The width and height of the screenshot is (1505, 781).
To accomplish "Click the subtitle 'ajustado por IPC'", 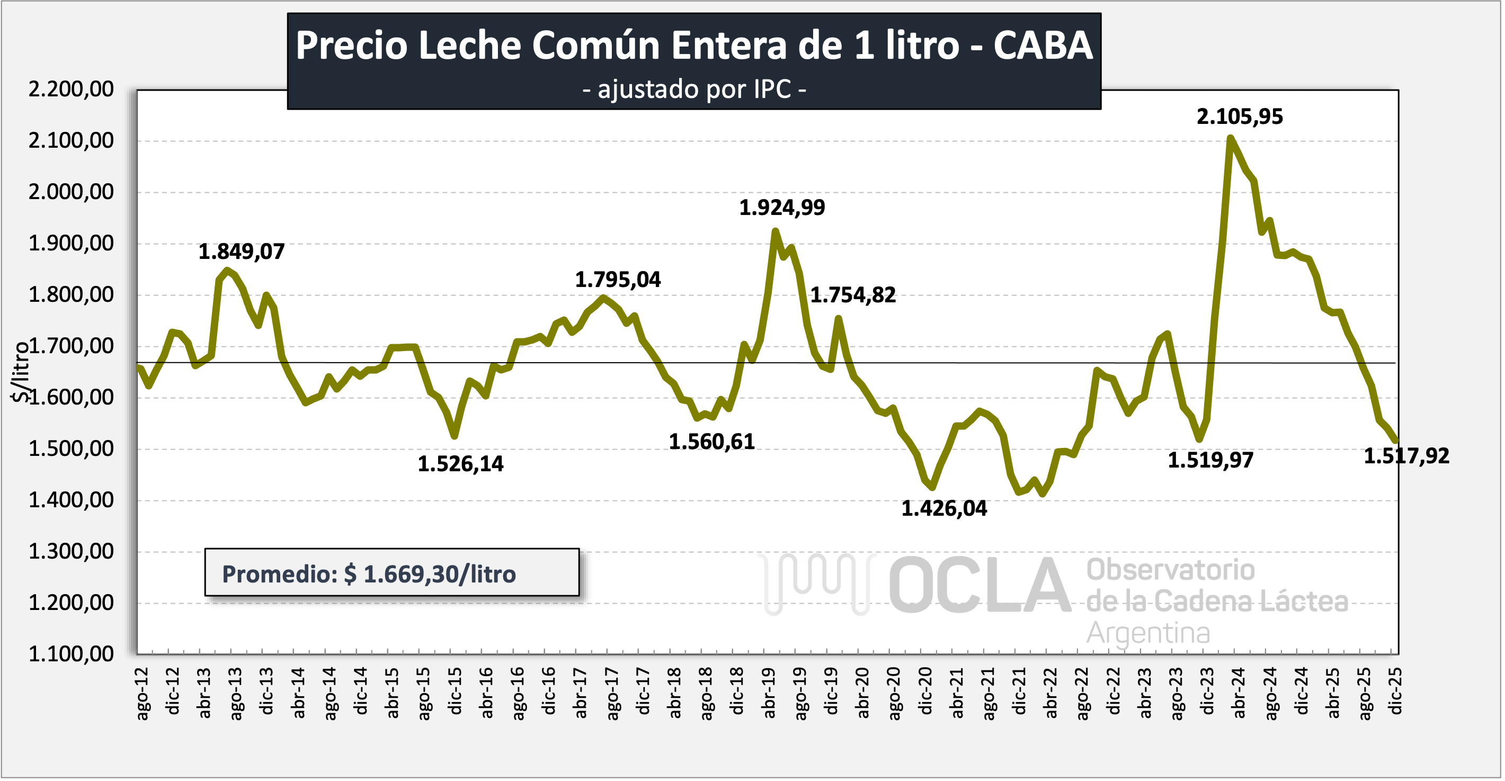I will pos(694,89).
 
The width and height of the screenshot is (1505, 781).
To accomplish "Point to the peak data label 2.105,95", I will pos(1239,117).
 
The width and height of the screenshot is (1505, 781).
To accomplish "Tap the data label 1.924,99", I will pos(782,208).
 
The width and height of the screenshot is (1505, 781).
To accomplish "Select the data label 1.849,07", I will pos(241,252).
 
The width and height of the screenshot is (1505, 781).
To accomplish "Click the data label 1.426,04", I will pos(943,509).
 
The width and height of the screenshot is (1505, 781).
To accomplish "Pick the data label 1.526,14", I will pos(460,464).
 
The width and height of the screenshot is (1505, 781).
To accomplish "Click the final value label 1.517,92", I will pos(1406,456).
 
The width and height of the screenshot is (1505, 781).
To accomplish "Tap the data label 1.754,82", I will pos(852,295).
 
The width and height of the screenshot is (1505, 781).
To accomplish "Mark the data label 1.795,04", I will pos(618,280).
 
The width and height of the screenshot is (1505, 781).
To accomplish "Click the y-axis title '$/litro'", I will pos(21,372).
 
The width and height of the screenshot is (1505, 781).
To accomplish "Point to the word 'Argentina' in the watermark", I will pos(1148,633).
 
